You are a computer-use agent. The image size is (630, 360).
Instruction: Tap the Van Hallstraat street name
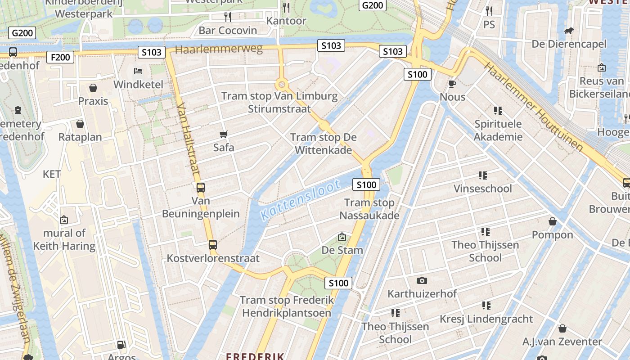point(189,138)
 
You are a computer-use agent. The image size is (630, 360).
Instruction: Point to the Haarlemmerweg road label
point(219,49)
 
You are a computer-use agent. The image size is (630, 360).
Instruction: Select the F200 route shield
point(60,57)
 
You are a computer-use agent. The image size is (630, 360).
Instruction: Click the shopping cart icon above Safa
point(223,134)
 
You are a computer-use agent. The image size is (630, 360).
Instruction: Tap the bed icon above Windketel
point(138,71)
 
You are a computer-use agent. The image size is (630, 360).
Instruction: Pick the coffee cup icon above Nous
point(452,84)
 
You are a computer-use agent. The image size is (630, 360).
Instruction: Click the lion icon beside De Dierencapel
point(569,31)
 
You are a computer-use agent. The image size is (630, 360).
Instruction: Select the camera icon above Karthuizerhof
point(422,280)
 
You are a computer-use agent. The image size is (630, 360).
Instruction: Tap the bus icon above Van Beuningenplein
point(201,188)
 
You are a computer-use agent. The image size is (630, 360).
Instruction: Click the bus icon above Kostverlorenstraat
point(213,245)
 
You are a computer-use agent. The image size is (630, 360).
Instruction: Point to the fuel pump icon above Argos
point(121,345)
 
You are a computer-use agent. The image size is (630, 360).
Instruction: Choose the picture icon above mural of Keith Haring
point(64,220)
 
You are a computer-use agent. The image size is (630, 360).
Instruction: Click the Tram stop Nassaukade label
point(369,209)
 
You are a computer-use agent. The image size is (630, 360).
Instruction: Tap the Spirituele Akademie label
point(498,130)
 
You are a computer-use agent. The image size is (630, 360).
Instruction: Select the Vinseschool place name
point(482,189)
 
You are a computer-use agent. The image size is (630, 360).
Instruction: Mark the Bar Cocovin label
point(228,31)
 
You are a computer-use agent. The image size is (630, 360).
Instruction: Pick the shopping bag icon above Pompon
point(552,221)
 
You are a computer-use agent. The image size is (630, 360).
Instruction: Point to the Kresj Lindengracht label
point(486,319)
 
